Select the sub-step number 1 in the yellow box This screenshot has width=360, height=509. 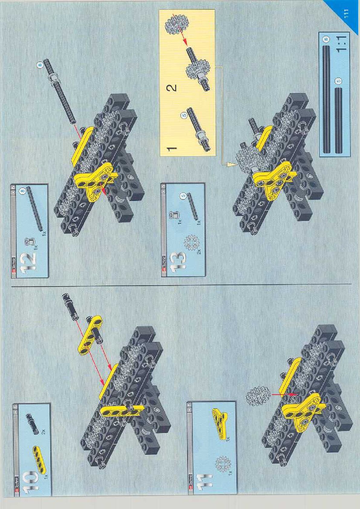tap(171, 149)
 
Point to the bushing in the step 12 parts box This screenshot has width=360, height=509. tap(29, 242)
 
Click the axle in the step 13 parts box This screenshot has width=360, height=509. tap(192, 206)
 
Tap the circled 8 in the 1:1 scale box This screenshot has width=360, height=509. tap(326, 39)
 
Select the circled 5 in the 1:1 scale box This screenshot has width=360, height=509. tap(339, 81)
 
